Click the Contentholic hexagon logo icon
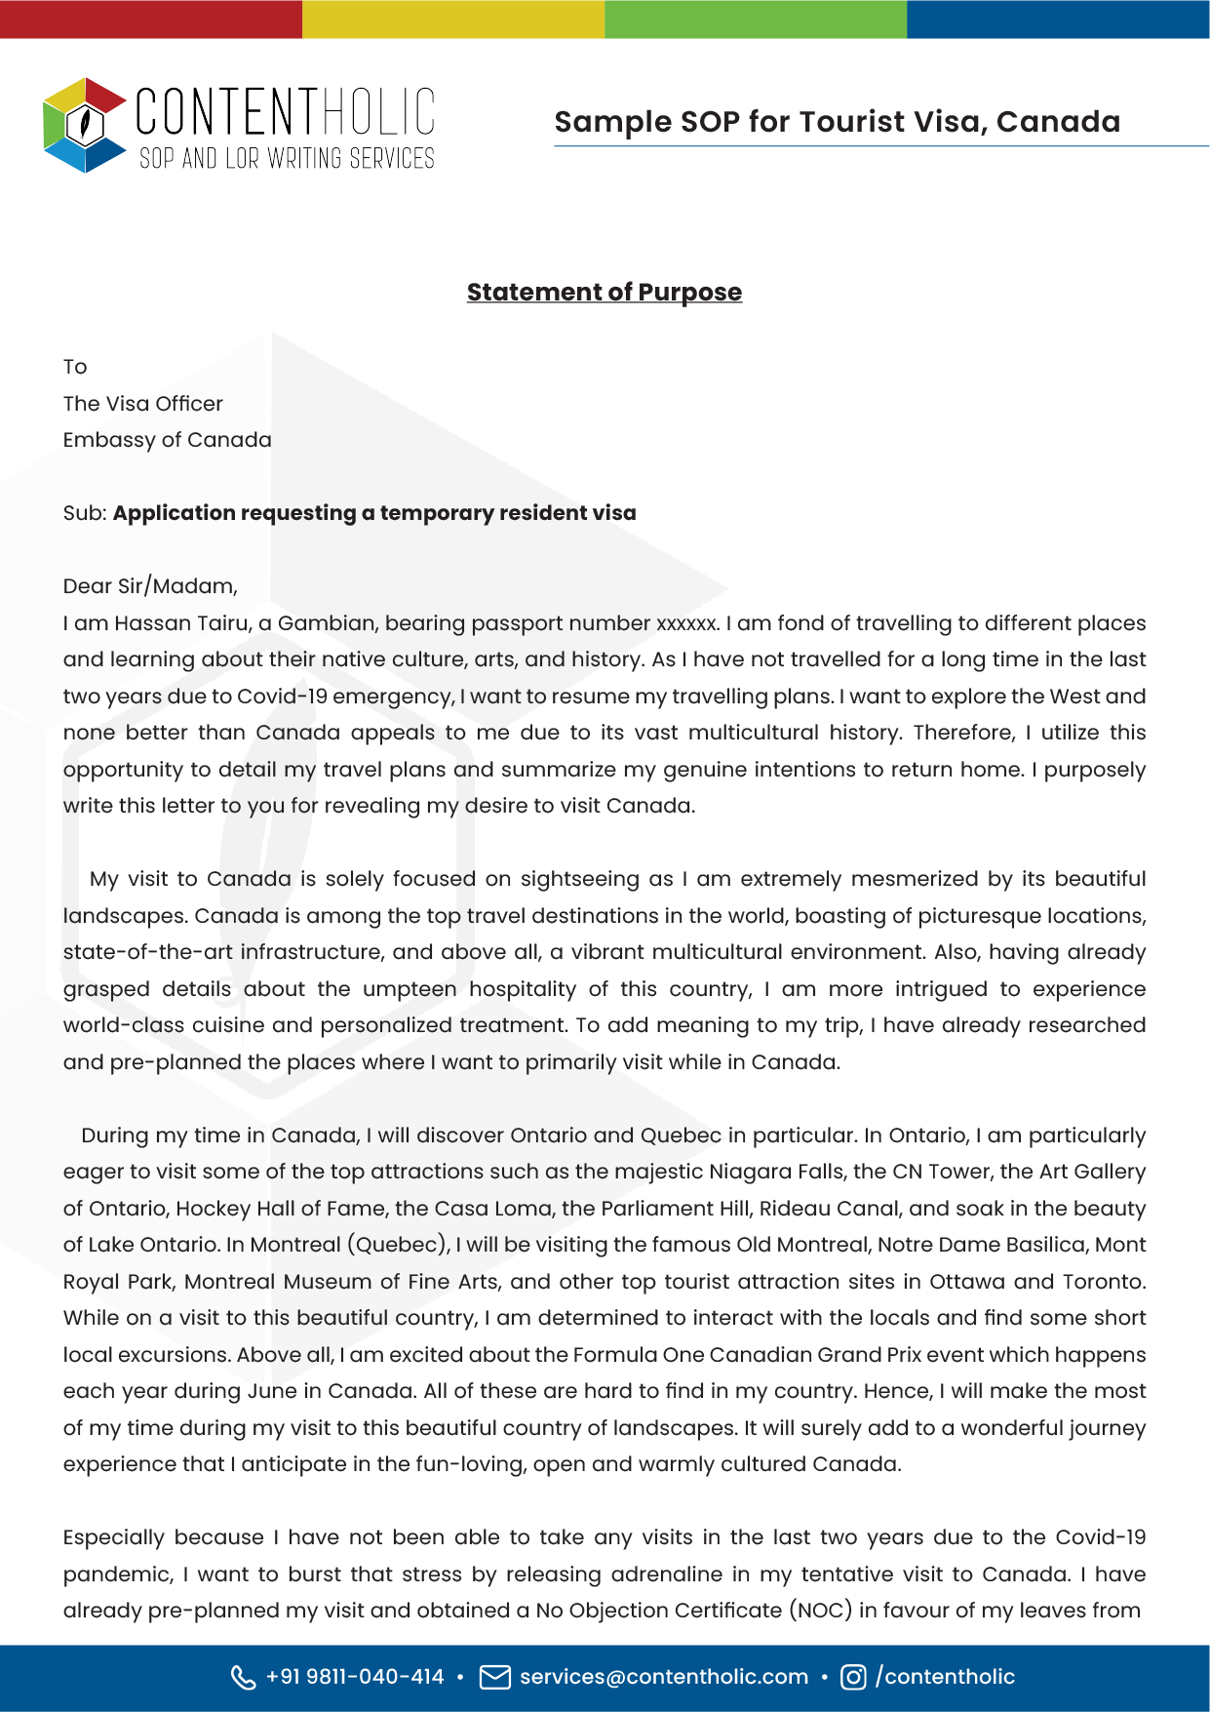tap(85, 125)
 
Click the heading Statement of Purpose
tap(604, 292)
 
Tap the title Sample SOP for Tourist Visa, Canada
tap(837, 122)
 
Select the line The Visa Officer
tap(142, 404)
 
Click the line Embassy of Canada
tap(167, 440)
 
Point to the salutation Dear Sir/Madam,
tap(150, 586)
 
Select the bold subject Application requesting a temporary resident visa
tap(374, 513)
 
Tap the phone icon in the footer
tap(243, 1677)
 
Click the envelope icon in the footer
tap(495, 1677)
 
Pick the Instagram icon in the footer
tap(853, 1677)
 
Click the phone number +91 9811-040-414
tap(355, 1677)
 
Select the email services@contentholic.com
tap(664, 1677)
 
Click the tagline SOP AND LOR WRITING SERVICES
tap(287, 158)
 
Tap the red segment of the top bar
tap(151, 19)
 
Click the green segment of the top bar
tap(756, 19)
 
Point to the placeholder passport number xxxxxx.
tap(687, 623)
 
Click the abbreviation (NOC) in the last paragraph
tap(820, 1611)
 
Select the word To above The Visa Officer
tap(75, 367)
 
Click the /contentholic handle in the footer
tap(945, 1677)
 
